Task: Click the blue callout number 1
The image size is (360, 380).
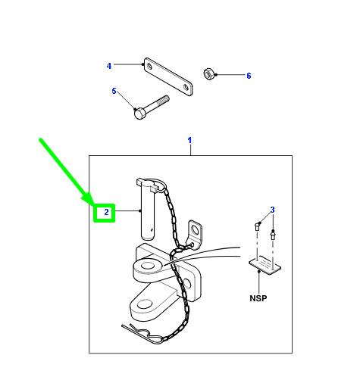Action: (189, 140)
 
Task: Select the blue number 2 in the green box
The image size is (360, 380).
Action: (106, 212)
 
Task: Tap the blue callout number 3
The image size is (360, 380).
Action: (272, 210)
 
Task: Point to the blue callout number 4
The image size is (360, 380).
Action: (109, 66)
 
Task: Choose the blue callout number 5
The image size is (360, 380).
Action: (114, 91)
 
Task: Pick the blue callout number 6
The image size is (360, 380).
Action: (249, 76)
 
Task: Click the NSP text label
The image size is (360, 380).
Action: (258, 298)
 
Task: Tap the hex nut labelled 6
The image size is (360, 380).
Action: (209, 74)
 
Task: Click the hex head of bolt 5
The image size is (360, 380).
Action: (139, 114)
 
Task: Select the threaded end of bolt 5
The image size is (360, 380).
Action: (161, 101)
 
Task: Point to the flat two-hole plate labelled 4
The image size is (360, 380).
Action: (168, 77)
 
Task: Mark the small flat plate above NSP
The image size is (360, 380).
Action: (265, 264)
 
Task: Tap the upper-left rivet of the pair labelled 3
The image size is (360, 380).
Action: (257, 226)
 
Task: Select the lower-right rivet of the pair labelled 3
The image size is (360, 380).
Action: (273, 236)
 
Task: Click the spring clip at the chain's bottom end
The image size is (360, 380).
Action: (142, 334)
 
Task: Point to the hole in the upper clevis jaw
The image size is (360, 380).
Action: (146, 266)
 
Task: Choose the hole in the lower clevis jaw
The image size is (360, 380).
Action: (144, 304)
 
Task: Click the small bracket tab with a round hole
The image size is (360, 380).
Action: (194, 234)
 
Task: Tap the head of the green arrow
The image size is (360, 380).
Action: (89, 198)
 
